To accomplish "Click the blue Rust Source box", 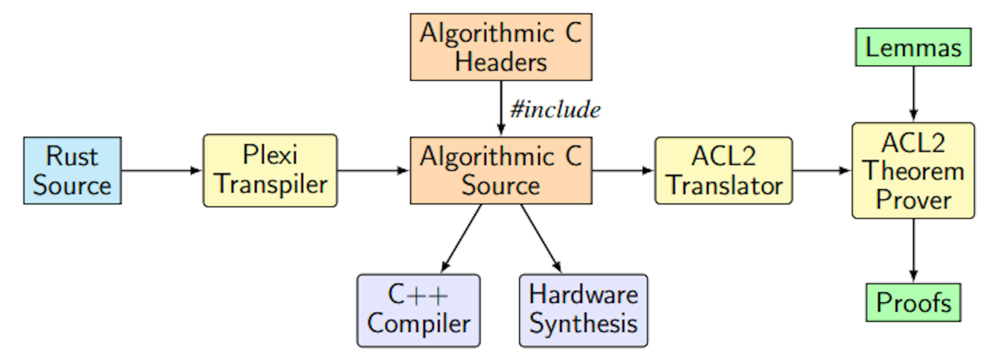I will click(x=72, y=170).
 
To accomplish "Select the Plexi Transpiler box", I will click(x=270, y=170).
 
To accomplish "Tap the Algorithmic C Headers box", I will click(x=501, y=47).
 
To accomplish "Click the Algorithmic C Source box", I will click(x=501, y=170).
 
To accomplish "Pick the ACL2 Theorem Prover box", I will click(x=913, y=170).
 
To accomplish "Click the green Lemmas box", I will click(x=913, y=47).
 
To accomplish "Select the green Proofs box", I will click(x=913, y=302).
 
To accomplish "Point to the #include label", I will click(x=555, y=110).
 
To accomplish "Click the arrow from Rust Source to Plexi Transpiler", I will click(x=162, y=170).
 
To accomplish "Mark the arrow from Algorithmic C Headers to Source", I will click(x=501, y=108).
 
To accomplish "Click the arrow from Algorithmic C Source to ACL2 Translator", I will click(x=623, y=170).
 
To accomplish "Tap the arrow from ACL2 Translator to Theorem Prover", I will click(x=822, y=170).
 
